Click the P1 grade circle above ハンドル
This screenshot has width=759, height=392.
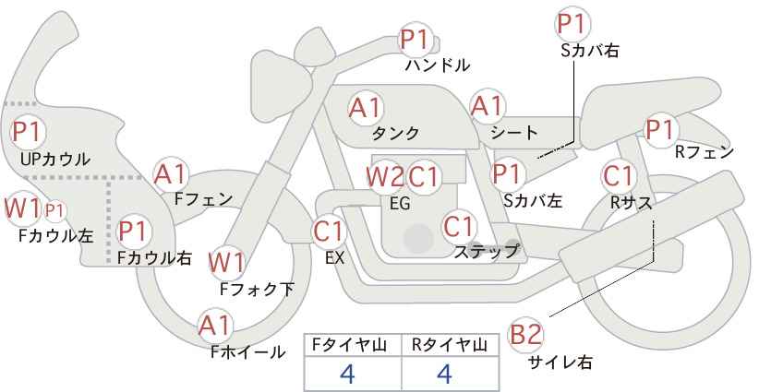[x=416, y=40]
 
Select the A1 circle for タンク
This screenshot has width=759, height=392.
[x=366, y=107]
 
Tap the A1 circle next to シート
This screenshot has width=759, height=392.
[x=487, y=107]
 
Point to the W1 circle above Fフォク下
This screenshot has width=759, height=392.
[x=226, y=263]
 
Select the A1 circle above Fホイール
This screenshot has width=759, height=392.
[x=216, y=326]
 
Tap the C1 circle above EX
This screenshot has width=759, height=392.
[x=329, y=231]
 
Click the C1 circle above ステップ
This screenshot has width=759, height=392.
[x=459, y=225]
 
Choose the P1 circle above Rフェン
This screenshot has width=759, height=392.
[x=659, y=130]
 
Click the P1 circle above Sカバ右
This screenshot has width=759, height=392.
[x=573, y=22]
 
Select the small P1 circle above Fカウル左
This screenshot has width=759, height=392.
[x=54, y=210]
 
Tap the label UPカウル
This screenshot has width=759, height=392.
[x=55, y=160]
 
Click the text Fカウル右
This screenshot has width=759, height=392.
[x=154, y=259]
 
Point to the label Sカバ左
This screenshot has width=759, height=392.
[x=534, y=199]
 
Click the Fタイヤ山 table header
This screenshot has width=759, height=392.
[x=352, y=345]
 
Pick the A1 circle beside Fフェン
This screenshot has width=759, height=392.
[x=171, y=173]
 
